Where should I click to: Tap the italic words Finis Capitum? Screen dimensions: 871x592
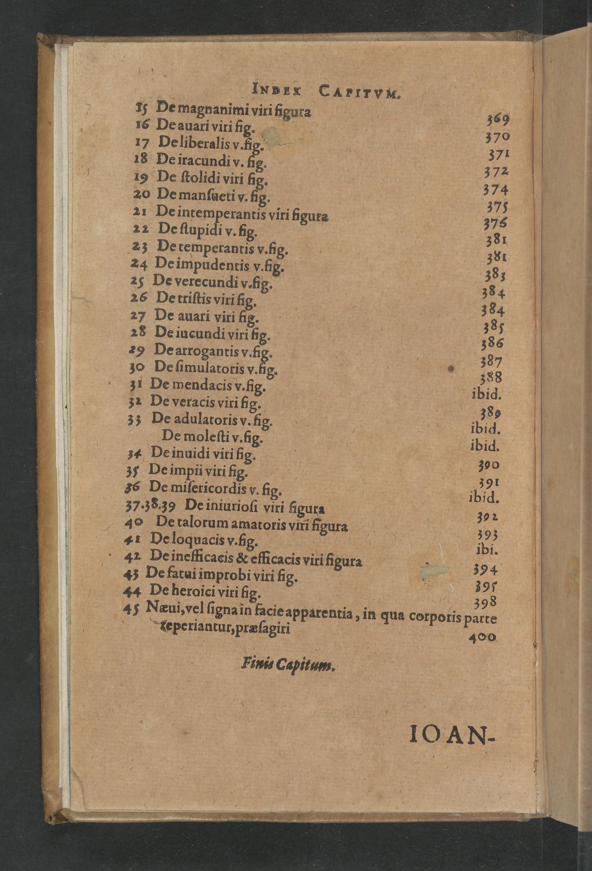point(288,664)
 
